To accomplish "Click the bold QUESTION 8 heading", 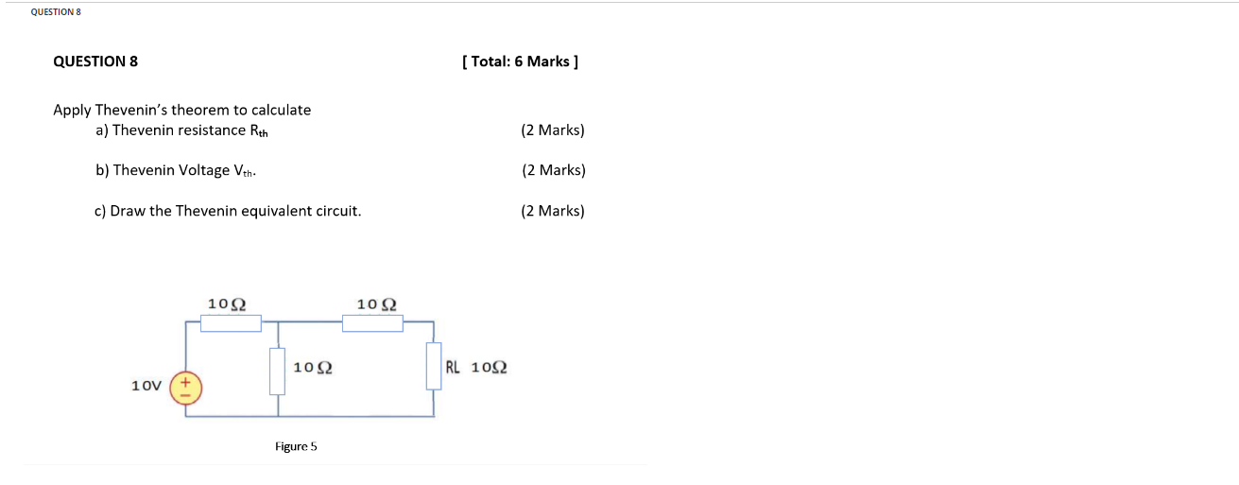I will (x=95, y=61).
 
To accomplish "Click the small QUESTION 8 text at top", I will (x=56, y=11).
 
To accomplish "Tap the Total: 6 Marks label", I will (x=520, y=61).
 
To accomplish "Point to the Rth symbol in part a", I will (x=258, y=130).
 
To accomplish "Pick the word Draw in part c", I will (x=127, y=211).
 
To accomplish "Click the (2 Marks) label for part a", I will (x=552, y=130).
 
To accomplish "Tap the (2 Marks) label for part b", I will (x=553, y=170).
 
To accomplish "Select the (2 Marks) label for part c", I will (x=552, y=211).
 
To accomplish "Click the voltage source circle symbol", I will (x=185, y=389).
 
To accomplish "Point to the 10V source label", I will (x=146, y=386).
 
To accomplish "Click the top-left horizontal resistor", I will (x=232, y=323).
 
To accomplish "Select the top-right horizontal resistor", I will (x=372, y=323).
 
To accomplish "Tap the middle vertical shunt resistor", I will (x=277, y=371).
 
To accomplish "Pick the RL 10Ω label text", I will (x=476, y=367).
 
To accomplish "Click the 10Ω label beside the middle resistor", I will (x=312, y=367).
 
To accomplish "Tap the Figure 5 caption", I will (x=296, y=446).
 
